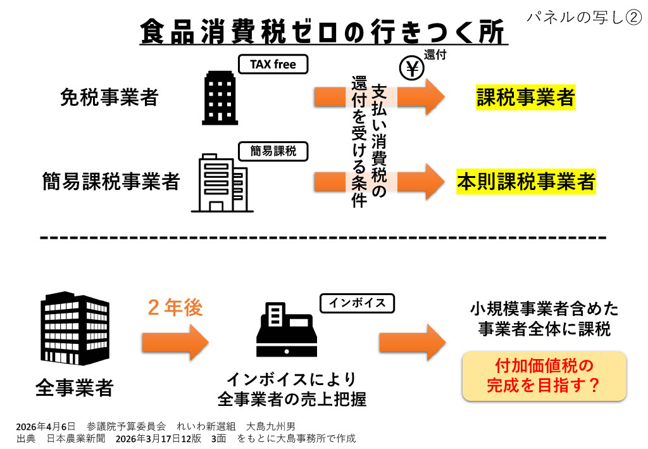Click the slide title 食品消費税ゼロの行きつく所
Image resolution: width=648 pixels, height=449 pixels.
pos(323,30)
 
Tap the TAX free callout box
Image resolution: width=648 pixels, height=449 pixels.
pos(273,65)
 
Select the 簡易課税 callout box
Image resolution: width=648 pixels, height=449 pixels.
pos(273,151)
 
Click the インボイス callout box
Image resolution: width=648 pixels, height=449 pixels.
pos(357,303)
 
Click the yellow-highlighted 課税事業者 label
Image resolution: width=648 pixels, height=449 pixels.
pos(525,97)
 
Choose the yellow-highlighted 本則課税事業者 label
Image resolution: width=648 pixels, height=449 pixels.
pos(525,182)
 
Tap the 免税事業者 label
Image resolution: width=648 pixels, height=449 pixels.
pos(109,97)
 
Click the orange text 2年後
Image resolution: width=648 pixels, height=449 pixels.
pos(175,307)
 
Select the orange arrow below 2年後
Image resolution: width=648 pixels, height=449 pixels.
pos(175,342)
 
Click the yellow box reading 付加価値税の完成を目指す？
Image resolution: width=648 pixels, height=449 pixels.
pos(544,376)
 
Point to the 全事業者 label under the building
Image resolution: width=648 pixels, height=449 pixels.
pos(75,386)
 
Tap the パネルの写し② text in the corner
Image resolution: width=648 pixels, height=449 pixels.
pos(584,17)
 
